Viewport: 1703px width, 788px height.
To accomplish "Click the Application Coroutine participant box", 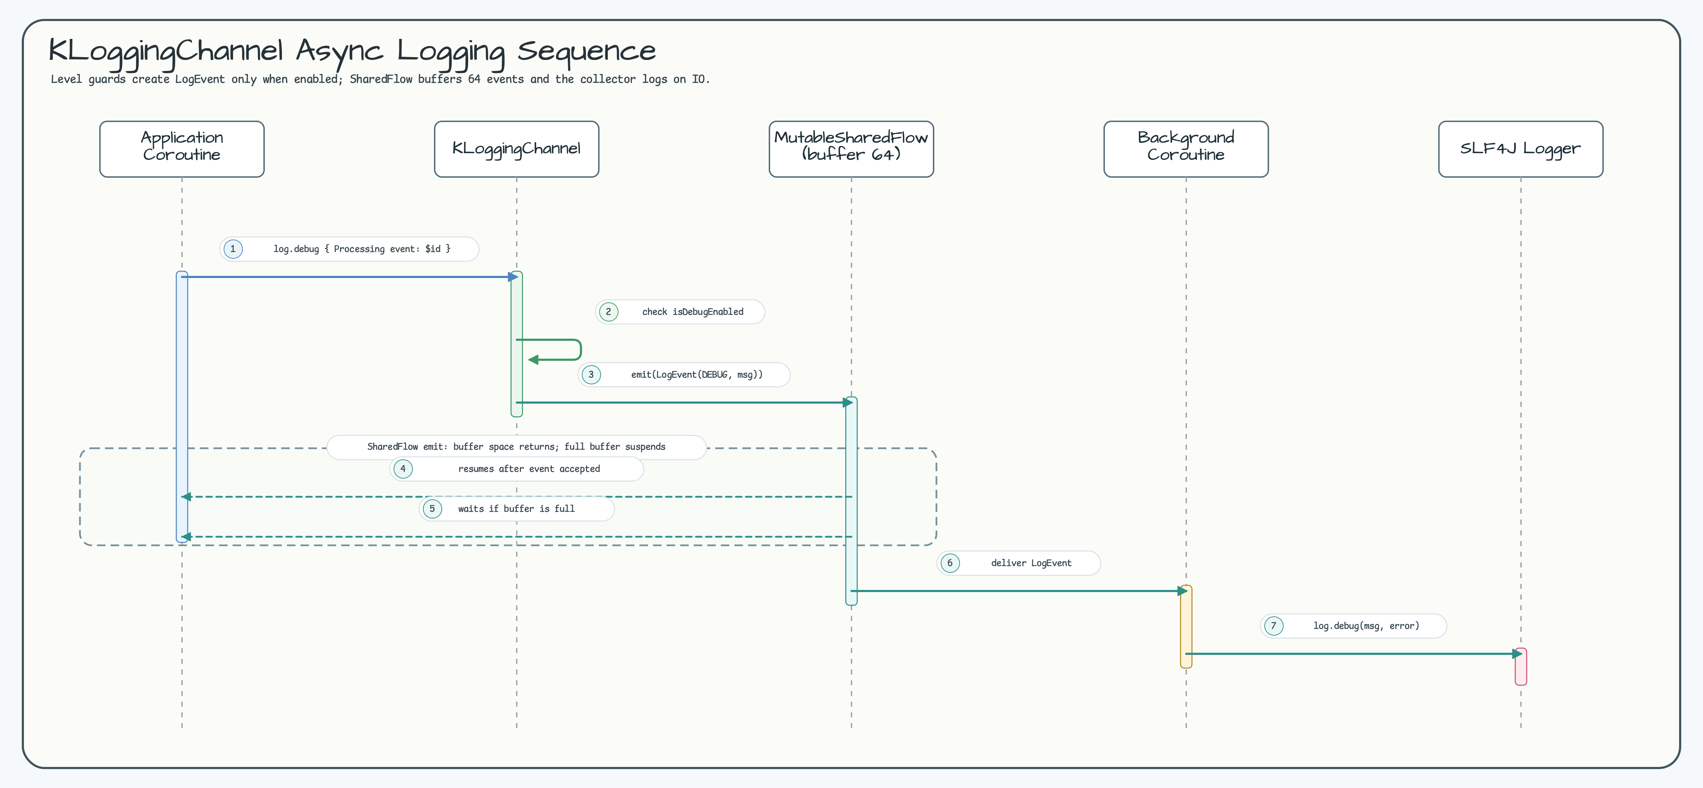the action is point(182,149).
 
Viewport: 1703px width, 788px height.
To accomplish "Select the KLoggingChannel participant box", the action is point(516,149).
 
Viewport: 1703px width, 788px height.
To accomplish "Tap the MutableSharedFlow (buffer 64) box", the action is point(851,149).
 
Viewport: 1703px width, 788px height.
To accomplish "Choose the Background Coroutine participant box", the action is point(1186,149).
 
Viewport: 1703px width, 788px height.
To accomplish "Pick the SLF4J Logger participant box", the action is point(1521,149).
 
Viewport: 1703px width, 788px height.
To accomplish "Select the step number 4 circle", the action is point(403,469).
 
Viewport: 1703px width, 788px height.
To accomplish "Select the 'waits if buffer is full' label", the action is point(516,508).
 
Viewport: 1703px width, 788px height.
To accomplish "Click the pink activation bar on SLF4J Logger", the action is point(1521,666).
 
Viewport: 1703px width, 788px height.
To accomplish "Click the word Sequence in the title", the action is point(586,51).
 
